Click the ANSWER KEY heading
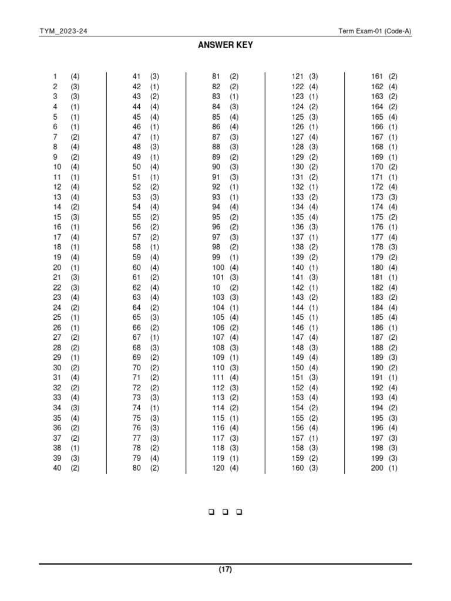(225, 45)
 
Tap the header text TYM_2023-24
(63, 31)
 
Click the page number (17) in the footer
(225, 569)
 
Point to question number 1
(55, 76)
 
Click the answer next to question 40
(75, 468)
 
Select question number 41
(137, 76)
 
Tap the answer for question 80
(154, 468)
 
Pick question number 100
(218, 268)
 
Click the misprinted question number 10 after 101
(217, 288)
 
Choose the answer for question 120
(234, 468)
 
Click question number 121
(298, 76)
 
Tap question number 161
(377, 76)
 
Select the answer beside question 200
(393, 468)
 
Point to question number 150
(298, 367)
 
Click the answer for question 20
(75, 268)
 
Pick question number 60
(137, 268)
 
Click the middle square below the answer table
(225, 512)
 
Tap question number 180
(377, 268)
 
